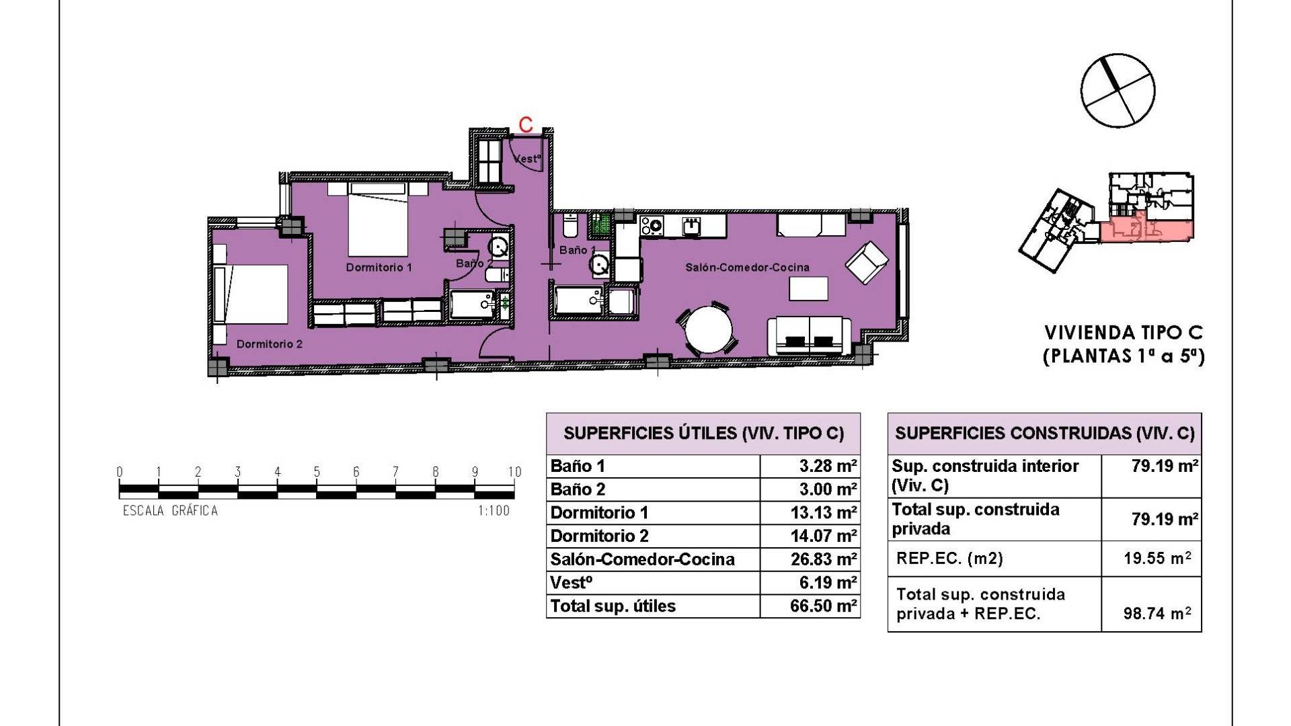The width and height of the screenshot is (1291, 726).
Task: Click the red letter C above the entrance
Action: [x=526, y=124]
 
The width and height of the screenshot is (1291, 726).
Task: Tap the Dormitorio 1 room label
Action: [x=379, y=268]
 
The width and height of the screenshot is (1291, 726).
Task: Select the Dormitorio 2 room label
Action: [x=269, y=344]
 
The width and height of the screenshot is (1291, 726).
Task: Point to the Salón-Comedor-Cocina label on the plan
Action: [x=747, y=268]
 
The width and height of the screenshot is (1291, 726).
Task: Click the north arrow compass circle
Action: [x=1118, y=91]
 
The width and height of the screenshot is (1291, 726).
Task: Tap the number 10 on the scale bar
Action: [x=514, y=473]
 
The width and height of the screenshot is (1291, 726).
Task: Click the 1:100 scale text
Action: [x=494, y=511]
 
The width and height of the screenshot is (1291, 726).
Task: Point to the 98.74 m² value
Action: [x=1157, y=613]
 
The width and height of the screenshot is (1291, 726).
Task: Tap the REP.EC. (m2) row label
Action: [x=949, y=559]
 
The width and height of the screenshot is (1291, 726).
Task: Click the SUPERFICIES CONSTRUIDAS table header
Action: [x=1045, y=434]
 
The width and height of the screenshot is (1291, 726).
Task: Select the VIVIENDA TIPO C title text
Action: [x=1124, y=333]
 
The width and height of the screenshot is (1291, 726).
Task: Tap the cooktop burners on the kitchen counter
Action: [x=652, y=225]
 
